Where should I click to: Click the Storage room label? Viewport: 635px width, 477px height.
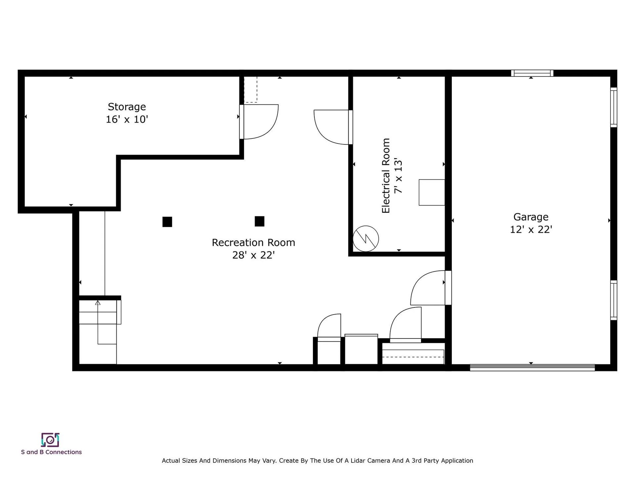coord(127,107)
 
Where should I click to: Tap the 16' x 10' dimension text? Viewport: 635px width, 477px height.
coord(127,119)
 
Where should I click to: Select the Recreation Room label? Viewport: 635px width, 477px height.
coord(253,242)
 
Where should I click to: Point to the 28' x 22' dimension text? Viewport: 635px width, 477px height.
coord(253,255)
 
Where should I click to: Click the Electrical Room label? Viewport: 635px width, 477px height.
coord(386,176)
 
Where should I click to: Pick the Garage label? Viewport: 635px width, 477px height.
coord(531,217)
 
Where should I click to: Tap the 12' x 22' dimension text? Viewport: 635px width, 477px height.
coord(531,229)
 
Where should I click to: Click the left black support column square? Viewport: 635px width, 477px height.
coord(167,222)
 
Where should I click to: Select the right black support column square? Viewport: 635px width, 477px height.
coord(260,221)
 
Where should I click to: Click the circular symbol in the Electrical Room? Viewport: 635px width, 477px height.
coord(366,238)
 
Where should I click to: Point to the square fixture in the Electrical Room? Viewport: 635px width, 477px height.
coord(432,192)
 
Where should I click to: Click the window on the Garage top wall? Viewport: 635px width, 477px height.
coord(532,73)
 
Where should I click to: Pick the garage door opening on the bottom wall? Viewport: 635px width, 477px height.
coord(532,367)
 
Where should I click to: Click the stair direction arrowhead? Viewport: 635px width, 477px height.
coord(98,303)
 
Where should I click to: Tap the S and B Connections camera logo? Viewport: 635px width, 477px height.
coord(50,440)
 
